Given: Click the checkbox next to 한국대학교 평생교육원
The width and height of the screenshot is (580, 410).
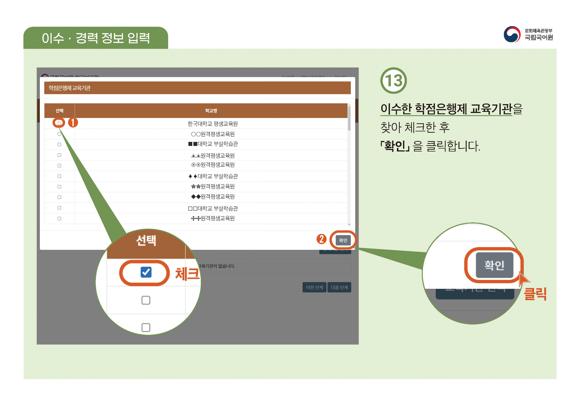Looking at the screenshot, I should tap(59, 123).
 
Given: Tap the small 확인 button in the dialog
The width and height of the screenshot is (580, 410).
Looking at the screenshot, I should tap(343, 240).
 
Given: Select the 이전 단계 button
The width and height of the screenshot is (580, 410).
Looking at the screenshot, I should tap(314, 287).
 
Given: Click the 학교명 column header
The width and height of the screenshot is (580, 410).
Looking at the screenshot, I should tap(211, 111).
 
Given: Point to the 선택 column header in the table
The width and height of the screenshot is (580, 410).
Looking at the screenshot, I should tap(59, 111).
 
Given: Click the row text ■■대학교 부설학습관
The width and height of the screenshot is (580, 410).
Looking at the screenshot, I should tap(213, 144).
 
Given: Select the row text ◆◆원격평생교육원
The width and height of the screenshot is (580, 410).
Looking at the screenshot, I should tap(213, 196).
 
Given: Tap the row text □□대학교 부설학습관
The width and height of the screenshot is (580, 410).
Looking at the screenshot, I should tap(213, 208).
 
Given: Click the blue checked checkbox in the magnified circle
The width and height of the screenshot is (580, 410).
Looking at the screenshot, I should tap(146, 272).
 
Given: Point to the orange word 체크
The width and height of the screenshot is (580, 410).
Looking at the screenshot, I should tap(187, 274).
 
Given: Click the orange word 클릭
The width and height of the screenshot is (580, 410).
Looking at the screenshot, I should tap(535, 294).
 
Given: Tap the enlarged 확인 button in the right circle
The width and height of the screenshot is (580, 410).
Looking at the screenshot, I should tap(494, 265).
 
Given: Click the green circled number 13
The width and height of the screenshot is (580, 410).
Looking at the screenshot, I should tap(393, 81).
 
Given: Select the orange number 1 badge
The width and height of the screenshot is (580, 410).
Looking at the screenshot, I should tap(73, 123).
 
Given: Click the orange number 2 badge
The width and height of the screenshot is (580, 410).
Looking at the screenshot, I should tap(321, 239).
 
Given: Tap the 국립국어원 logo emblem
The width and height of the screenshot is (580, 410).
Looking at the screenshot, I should tap(512, 35).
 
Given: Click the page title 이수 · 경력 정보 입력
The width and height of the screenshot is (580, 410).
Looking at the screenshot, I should tap(96, 38).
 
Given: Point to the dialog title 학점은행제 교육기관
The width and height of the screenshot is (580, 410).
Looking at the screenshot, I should tap(70, 88).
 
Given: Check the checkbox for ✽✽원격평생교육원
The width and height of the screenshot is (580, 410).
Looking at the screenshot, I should tap(59, 186).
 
